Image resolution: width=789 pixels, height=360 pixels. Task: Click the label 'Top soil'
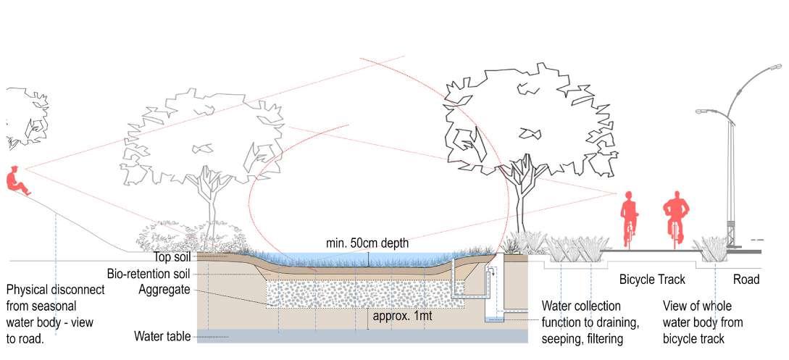pos(172,257)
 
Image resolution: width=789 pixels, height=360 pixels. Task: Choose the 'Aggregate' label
pos(164,289)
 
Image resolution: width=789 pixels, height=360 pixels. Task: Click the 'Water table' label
pos(162,337)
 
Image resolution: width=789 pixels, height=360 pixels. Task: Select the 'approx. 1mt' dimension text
pos(404,316)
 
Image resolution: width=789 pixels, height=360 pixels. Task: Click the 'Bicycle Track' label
pos(651,279)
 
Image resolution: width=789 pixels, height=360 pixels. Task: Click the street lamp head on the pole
pos(704,111)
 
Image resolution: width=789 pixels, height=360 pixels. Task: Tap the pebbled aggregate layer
pos(362,294)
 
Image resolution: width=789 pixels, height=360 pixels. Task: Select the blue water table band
pos(362,336)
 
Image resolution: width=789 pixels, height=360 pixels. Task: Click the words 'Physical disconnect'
pos(55,290)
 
